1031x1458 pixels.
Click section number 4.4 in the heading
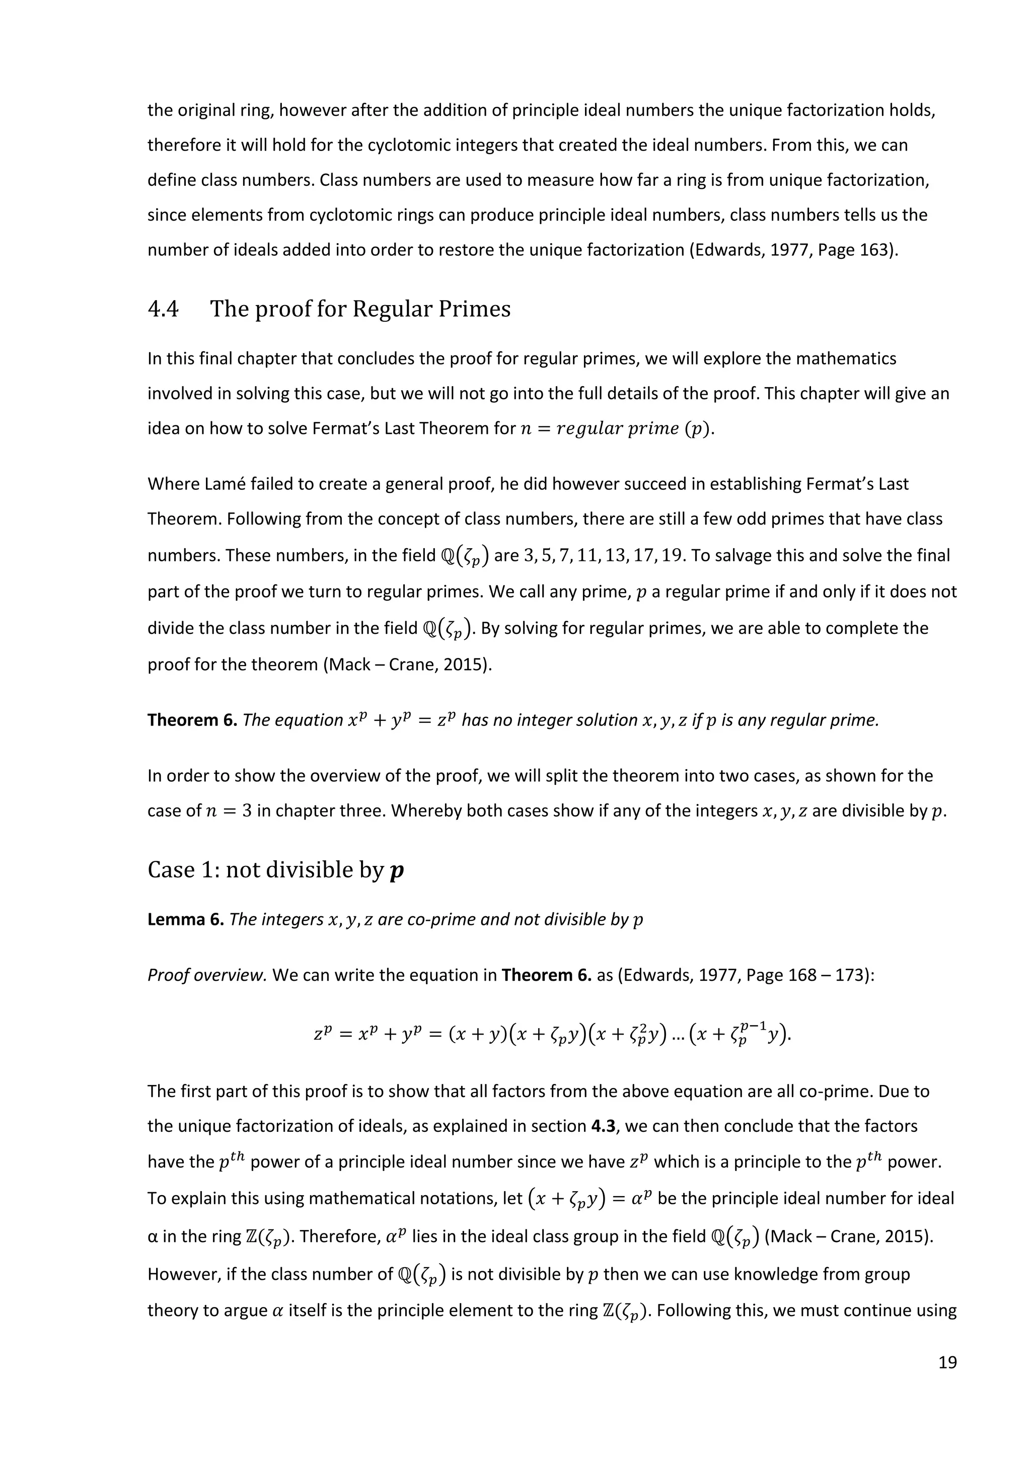point(163,309)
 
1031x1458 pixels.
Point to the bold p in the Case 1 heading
point(397,870)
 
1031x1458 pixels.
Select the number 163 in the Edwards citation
point(874,250)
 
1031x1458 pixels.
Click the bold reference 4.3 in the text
point(604,1127)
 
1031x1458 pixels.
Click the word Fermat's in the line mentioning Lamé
point(802,484)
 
